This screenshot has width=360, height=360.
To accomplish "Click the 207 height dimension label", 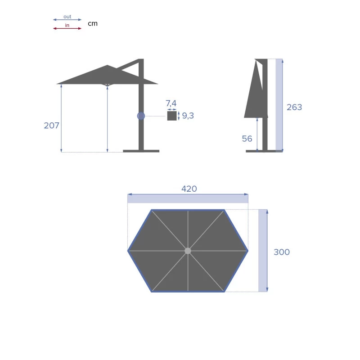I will point(51,126).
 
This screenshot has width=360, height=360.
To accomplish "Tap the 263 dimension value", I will point(294,107).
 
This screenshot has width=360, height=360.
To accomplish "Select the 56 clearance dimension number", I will point(247,139).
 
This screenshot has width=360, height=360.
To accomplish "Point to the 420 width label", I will point(189,189).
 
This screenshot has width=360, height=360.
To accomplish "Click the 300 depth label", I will point(282,252).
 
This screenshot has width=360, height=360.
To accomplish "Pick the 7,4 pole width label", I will point(171,104).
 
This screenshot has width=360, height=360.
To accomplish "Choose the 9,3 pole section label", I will point(188,116).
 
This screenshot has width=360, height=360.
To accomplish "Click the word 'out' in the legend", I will point(67,17).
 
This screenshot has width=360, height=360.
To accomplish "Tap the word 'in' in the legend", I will point(67,25).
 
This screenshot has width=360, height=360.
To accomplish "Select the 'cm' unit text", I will point(92,23).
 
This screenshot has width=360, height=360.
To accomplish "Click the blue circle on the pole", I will point(141,116).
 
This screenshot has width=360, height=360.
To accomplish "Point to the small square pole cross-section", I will point(172,116).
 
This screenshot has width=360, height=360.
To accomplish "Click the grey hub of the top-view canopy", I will point(188,251).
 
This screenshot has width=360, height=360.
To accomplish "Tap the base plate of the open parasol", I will point(141,151).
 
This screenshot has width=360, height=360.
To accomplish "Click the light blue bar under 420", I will point(188,199).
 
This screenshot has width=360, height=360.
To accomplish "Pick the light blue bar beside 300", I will point(262,250).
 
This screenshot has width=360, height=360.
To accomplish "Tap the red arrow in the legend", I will point(67,28).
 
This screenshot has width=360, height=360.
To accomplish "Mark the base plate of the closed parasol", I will point(261,151).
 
